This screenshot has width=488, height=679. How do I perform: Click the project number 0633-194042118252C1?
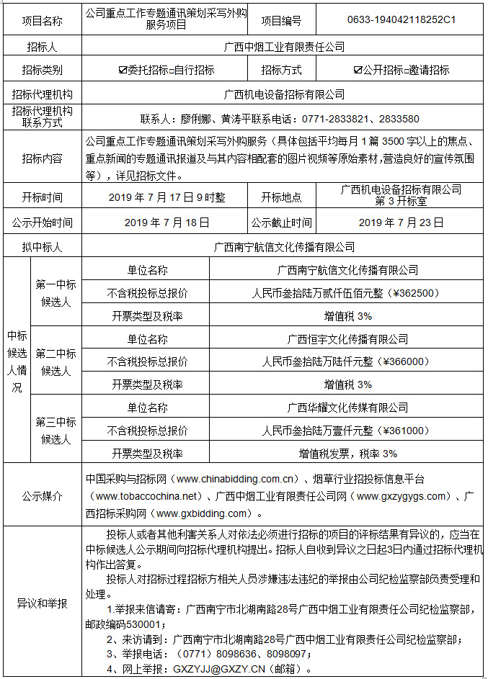(x=402, y=20)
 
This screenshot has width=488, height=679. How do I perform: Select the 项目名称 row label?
(x=42, y=21)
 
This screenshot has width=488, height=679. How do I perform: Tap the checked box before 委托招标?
(x=123, y=71)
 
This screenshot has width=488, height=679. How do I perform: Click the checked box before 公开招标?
(x=358, y=71)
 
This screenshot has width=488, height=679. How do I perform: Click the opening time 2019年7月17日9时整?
(x=167, y=197)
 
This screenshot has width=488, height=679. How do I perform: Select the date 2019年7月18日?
(x=167, y=222)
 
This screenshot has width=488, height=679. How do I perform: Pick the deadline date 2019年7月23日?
(x=401, y=222)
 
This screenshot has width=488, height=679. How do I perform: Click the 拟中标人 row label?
(x=42, y=247)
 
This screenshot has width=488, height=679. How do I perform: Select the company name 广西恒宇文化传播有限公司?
(x=347, y=338)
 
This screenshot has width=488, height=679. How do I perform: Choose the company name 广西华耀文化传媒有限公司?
(x=347, y=408)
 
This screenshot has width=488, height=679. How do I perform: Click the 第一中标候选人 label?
(x=56, y=293)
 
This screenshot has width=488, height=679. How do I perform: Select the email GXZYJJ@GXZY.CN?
(x=226, y=669)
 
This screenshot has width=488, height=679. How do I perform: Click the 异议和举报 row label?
(x=42, y=603)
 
